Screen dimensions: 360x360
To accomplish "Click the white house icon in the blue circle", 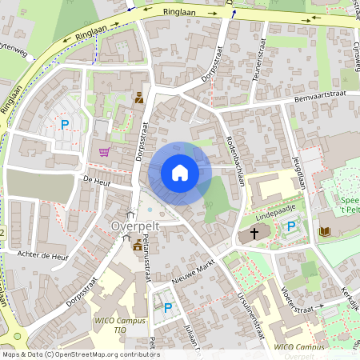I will click(180, 173).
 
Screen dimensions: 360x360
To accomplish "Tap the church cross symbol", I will click(254, 234).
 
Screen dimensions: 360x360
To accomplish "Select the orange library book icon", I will click(324, 232).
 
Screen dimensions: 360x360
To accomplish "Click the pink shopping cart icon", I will click(104, 152).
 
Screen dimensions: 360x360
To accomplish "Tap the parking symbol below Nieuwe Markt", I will click(168, 308).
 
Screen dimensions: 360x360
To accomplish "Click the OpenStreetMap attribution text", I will click(80, 354).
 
